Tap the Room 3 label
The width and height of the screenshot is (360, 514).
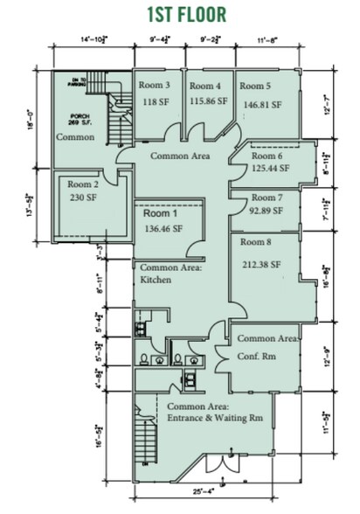tap(154, 86)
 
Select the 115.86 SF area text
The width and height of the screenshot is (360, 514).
tap(209, 101)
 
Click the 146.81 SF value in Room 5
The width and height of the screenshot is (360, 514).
tap(261, 105)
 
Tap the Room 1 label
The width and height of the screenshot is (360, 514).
tap(159, 212)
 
